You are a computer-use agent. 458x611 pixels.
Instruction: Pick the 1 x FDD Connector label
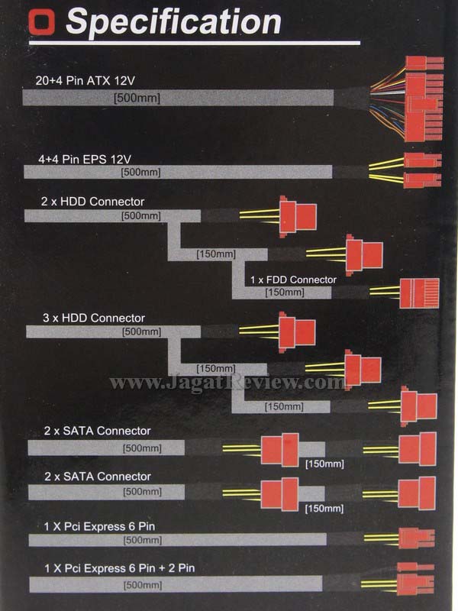pos(293,280)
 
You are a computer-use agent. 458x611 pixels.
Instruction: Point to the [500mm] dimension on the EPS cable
pos(140,173)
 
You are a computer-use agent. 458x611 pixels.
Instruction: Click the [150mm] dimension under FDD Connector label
pos(284,292)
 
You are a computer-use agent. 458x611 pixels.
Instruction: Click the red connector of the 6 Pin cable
pos(416,538)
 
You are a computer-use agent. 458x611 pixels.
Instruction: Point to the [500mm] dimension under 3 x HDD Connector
pos(141,331)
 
